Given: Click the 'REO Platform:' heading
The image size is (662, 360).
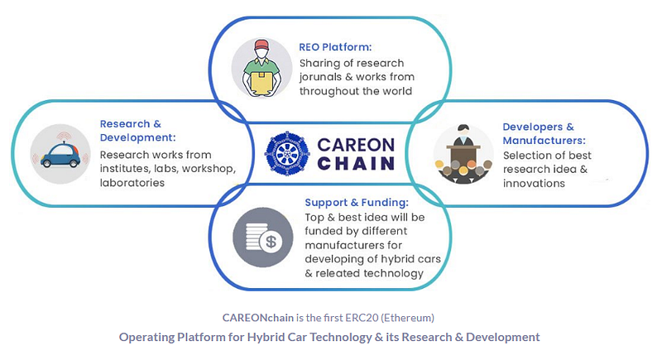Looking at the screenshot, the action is [x=335, y=47].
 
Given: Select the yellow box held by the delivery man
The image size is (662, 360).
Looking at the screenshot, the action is [x=261, y=83].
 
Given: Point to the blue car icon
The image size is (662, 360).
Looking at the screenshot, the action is [x=61, y=155].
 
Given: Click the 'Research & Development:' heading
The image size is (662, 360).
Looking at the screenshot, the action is [x=137, y=131].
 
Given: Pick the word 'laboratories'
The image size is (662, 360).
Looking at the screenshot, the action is [x=132, y=183].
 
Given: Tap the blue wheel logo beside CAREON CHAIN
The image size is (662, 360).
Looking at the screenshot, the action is [x=287, y=153].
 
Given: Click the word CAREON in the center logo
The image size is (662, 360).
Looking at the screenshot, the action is [x=356, y=145].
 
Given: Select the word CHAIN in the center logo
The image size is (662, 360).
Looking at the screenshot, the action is [x=356, y=163].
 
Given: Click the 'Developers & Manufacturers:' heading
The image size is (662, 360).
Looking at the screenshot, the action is [x=544, y=134].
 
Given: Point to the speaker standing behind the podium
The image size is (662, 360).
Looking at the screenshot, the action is [x=463, y=136].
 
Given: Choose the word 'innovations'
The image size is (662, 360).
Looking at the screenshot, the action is [x=534, y=184].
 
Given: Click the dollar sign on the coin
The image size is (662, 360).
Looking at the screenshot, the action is [x=271, y=242].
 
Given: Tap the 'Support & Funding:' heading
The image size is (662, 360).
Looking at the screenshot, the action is [x=357, y=203].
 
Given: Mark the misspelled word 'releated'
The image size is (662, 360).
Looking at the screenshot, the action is [x=342, y=273].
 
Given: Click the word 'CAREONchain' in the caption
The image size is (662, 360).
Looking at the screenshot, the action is [x=258, y=318].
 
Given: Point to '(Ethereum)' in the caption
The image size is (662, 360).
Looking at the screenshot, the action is [x=407, y=318].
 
